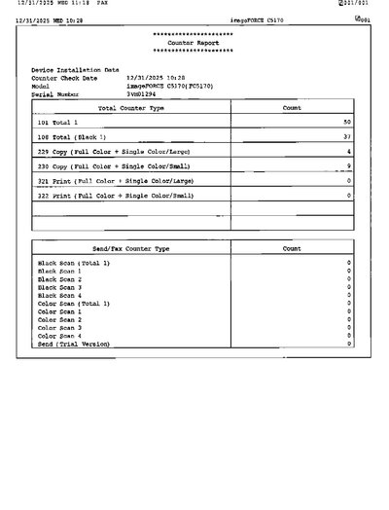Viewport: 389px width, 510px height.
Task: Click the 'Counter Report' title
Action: tap(193, 44)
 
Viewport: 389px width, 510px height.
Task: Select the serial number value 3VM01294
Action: tap(144, 94)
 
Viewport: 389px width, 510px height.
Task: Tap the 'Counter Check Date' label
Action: tap(64, 78)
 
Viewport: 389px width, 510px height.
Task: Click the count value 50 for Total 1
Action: tap(346, 123)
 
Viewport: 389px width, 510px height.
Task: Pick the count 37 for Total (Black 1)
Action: tap(346, 137)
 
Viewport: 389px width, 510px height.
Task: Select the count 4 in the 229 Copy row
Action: tap(348, 153)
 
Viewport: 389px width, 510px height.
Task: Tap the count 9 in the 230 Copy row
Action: tap(348, 167)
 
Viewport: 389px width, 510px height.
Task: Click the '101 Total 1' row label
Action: tap(59, 123)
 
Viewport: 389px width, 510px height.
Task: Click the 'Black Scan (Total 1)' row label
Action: tap(74, 264)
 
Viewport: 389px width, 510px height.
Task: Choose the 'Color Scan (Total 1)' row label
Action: tap(74, 304)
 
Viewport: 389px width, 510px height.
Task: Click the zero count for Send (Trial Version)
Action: tap(348, 345)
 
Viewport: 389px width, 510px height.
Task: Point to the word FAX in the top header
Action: tap(100, 5)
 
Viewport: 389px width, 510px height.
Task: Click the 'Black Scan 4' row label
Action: tap(59, 296)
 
